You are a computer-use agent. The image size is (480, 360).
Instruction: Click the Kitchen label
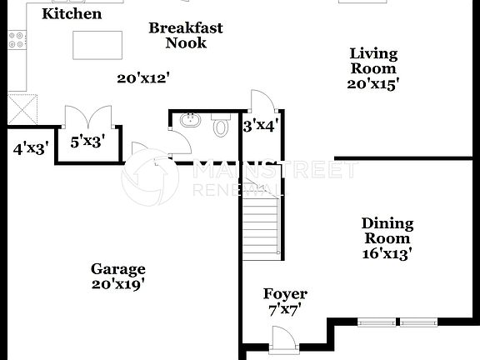pyautogui.click(x=72, y=14)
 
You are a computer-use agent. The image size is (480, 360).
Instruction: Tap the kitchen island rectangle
pyautogui.click(x=97, y=45)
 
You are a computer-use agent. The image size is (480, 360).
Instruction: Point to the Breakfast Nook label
pyautogui.click(x=186, y=35)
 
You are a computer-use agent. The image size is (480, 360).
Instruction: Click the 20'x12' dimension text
pyautogui.click(x=143, y=77)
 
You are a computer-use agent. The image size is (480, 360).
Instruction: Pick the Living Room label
pyautogui.click(x=372, y=61)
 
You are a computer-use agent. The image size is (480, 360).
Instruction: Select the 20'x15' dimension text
pyautogui.click(x=372, y=83)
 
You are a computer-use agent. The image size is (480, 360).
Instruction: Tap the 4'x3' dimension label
pyautogui.click(x=31, y=149)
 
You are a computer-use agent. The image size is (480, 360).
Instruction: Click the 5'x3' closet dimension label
pyautogui.click(x=87, y=142)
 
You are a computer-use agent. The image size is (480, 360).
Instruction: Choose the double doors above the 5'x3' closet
pyautogui.click(x=87, y=116)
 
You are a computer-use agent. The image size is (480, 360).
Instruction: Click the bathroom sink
pyautogui.click(x=189, y=121)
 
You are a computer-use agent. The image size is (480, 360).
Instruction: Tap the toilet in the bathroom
pyautogui.click(x=221, y=126)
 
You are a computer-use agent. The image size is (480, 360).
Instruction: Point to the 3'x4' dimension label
pyautogui.click(x=260, y=127)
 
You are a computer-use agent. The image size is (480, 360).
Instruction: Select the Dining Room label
pyautogui.click(x=387, y=231)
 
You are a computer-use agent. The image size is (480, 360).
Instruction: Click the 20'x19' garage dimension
pyautogui.click(x=117, y=283)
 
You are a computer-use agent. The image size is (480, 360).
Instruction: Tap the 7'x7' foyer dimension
pyautogui.click(x=285, y=309)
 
